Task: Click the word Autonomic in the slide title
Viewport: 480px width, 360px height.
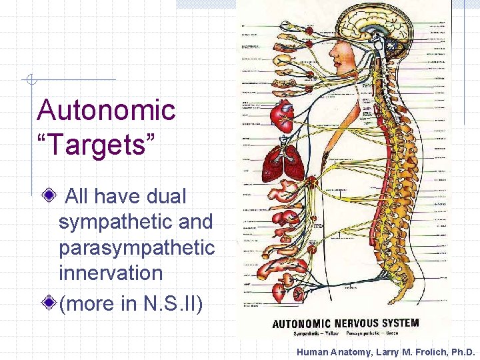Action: click(107, 111)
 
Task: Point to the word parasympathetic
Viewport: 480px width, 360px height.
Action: click(137, 247)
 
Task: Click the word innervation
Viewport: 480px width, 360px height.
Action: click(111, 273)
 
